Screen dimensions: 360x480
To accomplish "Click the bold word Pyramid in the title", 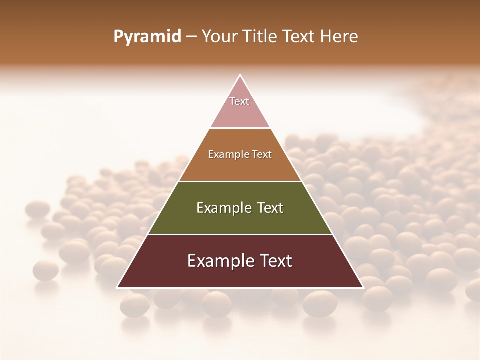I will pyautogui.click(x=147, y=37).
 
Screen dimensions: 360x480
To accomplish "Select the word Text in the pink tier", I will pyautogui.click(x=239, y=101).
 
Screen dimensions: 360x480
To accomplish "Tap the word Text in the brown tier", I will pyautogui.click(x=262, y=154).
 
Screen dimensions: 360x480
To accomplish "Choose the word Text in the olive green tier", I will pyautogui.click(x=270, y=208).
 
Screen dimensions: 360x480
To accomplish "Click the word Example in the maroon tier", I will pyautogui.click(x=218, y=261).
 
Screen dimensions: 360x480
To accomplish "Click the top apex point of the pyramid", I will pyautogui.click(x=240, y=75).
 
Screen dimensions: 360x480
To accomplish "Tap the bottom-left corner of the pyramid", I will pyautogui.click(x=117, y=287).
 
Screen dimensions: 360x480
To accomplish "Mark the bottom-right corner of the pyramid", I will pyautogui.click(x=363, y=287).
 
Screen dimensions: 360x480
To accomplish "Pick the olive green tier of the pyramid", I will pyautogui.click(x=240, y=222).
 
